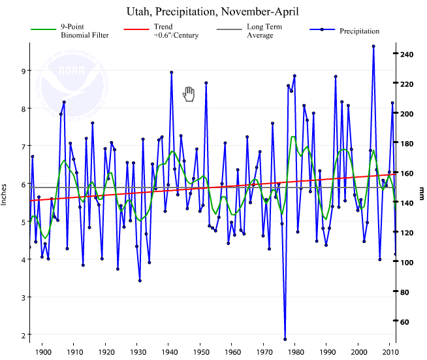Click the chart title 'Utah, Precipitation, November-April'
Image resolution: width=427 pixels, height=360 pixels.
click(x=213, y=12)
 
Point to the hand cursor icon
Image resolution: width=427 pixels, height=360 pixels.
click(x=189, y=94)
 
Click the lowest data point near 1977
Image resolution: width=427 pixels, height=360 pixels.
click(x=285, y=339)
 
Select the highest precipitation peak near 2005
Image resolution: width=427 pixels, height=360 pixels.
click(x=373, y=46)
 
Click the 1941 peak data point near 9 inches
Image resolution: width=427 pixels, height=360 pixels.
click(x=171, y=73)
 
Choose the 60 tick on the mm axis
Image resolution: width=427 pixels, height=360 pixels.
click(x=406, y=321)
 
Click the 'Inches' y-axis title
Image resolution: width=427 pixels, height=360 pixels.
click(x=5, y=193)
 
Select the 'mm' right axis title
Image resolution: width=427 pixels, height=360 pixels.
click(x=422, y=193)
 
